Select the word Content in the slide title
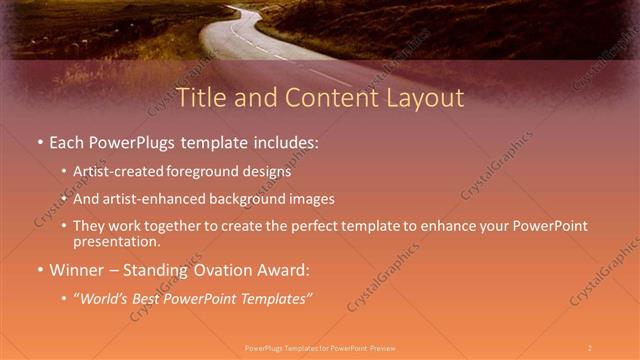tap(323, 98)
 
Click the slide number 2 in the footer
tap(590, 347)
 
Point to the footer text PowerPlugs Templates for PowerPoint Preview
tap(320, 347)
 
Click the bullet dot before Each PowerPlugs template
tap(40, 144)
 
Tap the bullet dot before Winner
tap(40, 270)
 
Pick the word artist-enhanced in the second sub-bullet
tap(143, 198)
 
